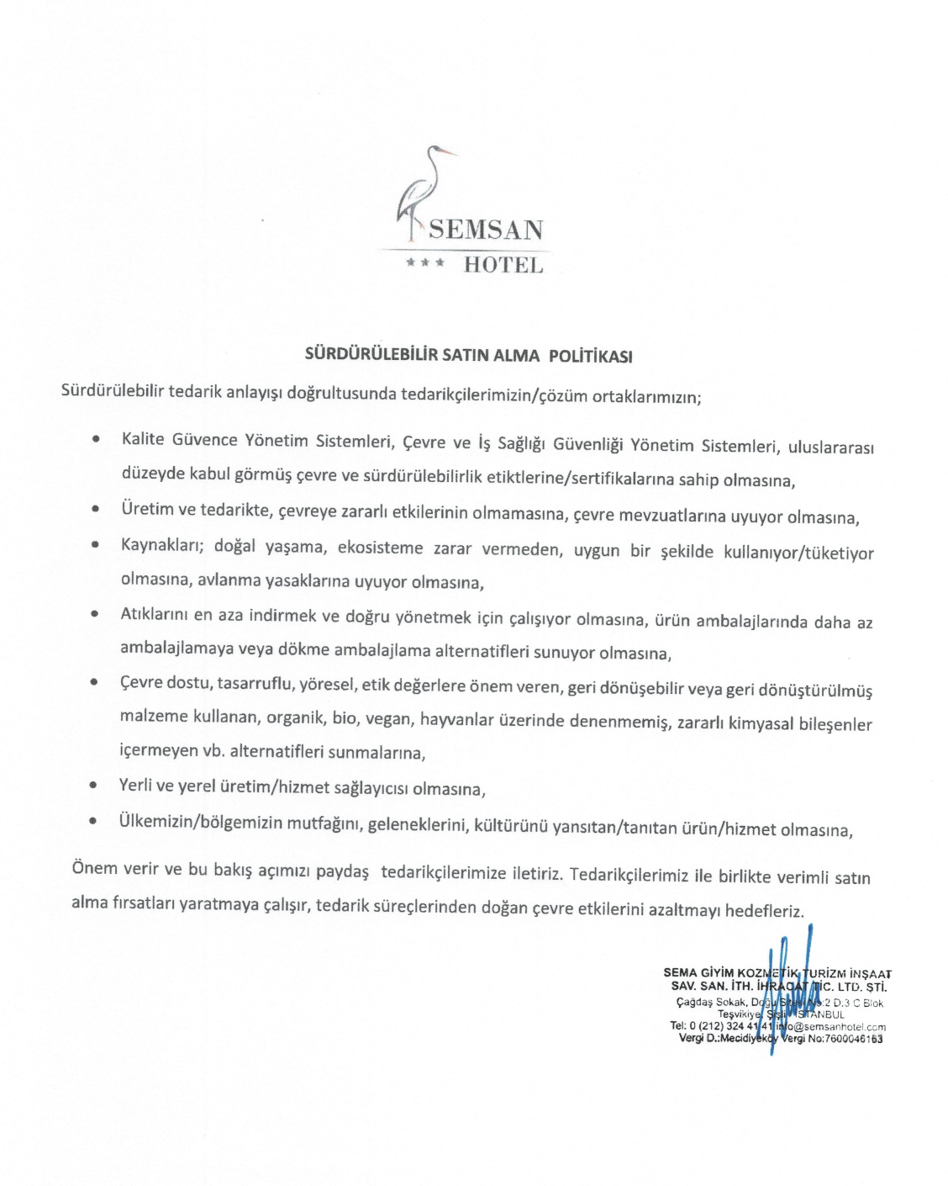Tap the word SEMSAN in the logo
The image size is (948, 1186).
coord(486,230)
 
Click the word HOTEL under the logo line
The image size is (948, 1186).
coord(503,265)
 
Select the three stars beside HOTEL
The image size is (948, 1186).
coord(424,263)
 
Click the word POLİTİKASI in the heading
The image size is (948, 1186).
coord(590,356)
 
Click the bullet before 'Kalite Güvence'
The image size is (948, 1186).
coord(98,439)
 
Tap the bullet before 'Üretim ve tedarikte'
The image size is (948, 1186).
coord(97,509)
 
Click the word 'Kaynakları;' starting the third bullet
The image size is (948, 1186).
coord(162,545)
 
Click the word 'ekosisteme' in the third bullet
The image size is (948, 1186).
coord(380,548)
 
